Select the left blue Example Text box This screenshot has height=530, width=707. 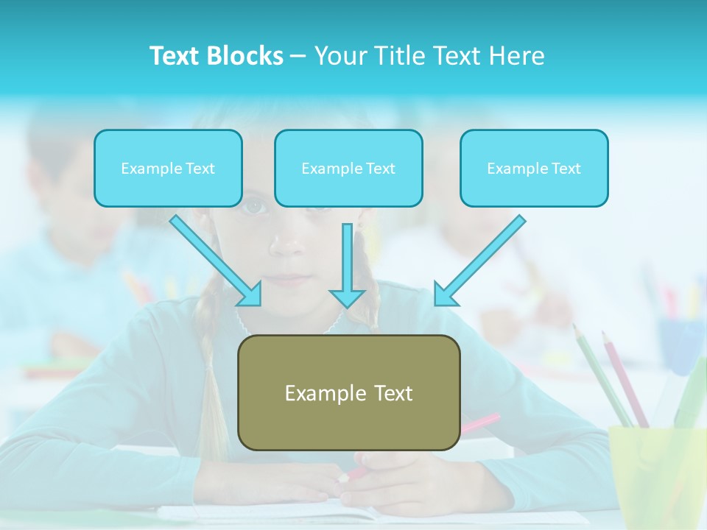pos(168,168)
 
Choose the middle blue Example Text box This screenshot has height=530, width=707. pos(348,168)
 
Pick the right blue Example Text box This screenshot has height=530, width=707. pos(534,168)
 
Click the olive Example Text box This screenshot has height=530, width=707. pos(348,392)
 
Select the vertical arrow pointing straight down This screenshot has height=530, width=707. pos(347,265)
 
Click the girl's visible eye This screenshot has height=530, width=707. pos(254,207)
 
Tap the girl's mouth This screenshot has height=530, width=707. pos(292,280)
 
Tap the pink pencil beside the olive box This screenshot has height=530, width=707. pos(479,423)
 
